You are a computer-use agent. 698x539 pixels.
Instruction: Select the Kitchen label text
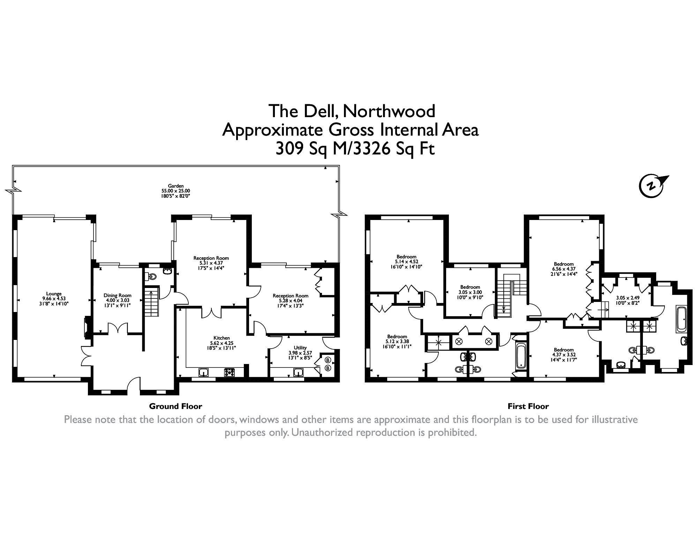point(222,338)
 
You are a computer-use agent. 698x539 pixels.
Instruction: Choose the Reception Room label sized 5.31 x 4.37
point(211,258)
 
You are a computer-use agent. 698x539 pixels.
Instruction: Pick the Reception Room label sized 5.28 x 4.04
point(290,296)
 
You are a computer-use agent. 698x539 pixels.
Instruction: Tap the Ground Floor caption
point(175,406)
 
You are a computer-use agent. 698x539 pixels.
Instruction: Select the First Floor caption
point(528,406)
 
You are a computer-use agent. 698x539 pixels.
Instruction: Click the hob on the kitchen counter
point(230,372)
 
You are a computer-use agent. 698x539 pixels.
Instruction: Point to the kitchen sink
point(203,372)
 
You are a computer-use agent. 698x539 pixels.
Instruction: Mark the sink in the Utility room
point(298,372)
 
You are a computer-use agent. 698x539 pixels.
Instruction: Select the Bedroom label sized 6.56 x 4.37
point(563,264)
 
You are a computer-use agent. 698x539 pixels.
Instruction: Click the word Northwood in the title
point(389,111)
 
